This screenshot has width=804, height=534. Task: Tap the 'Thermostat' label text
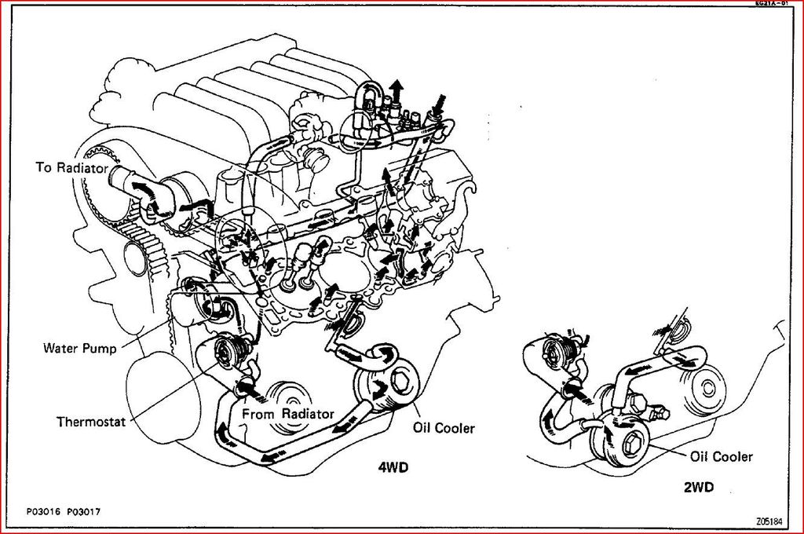point(91,421)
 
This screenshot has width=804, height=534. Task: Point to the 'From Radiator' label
point(288,414)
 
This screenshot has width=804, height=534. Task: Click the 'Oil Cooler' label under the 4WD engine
point(444,428)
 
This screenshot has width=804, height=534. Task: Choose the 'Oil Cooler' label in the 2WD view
point(721,456)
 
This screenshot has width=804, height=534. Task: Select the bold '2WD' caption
point(698,487)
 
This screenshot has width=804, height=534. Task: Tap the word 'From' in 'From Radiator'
point(258,414)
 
